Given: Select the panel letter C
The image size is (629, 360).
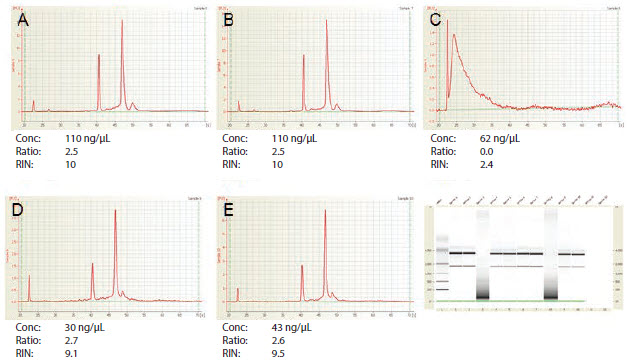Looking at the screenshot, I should (x=435, y=19).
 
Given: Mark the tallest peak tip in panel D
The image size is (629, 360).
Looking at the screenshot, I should (x=115, y=210).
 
